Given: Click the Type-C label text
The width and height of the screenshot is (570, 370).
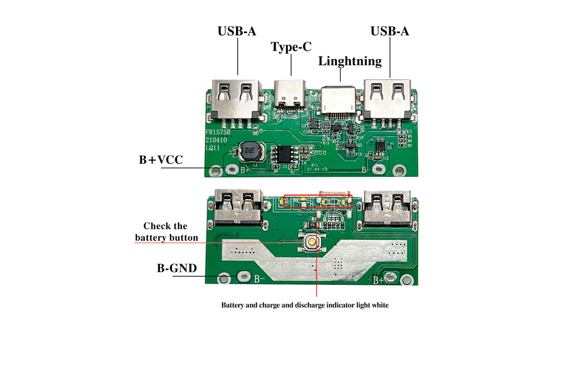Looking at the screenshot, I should point(291,47).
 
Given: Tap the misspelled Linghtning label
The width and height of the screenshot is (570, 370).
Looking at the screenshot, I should point(350,61).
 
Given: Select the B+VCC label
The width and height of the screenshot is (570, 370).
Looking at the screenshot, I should point(160,160).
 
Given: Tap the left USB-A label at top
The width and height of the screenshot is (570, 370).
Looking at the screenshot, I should point(237,31).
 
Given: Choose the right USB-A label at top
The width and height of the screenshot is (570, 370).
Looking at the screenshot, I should point(390,31).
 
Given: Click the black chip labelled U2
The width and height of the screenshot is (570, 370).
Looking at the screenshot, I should point(381,146).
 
